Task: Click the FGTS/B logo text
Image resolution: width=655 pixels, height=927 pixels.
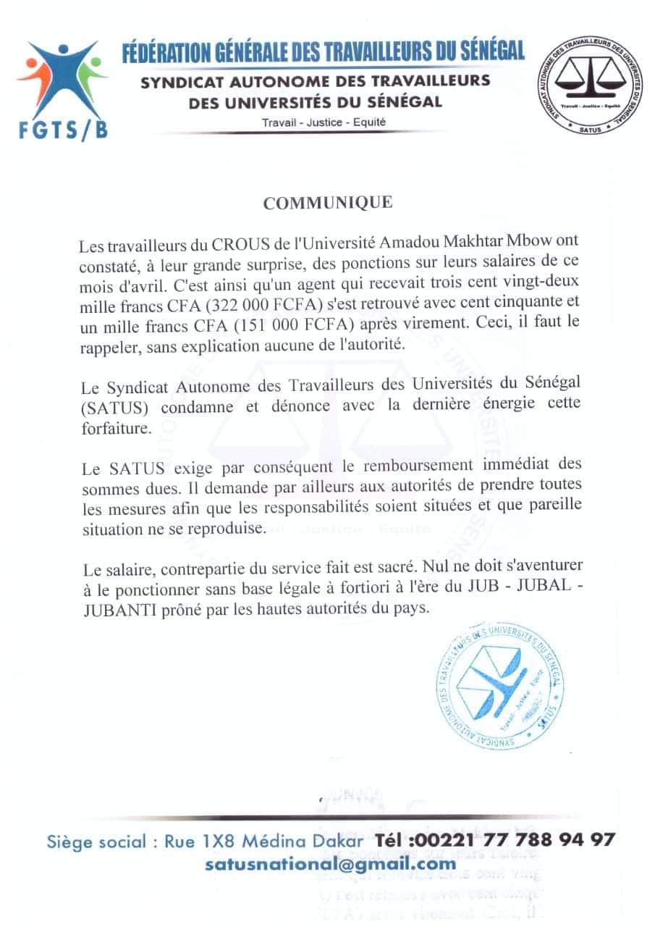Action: (x=62, y=128)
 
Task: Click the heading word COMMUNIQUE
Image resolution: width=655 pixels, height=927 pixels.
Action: (x=328, y=203)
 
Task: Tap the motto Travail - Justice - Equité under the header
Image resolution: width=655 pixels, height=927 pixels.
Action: (x=324, y=122)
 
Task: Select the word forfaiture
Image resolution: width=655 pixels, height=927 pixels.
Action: (x=117, y=428)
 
